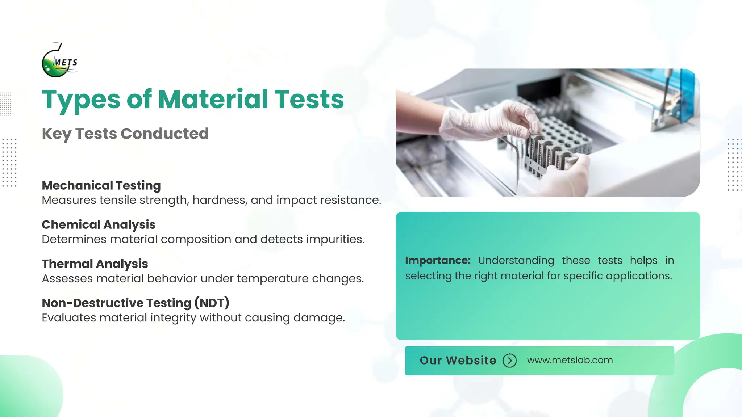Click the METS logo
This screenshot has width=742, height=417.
coord(59,61)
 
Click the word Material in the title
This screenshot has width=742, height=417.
coord(213,99)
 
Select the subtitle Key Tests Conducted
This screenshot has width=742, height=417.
coord(125,134)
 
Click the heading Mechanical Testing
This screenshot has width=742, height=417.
coord(101,185)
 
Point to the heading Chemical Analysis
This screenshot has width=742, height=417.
coord(99,224)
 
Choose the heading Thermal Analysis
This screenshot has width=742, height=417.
coord(95,264)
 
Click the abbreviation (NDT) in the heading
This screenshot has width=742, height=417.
coord(212,303)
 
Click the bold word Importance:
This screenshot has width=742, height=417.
coord(438,260)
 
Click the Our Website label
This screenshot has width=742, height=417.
coord(458,361)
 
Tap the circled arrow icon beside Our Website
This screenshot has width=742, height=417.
coord(509,361)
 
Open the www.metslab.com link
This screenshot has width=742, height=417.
coord(570,360)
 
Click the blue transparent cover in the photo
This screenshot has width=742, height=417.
coord(681,94)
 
